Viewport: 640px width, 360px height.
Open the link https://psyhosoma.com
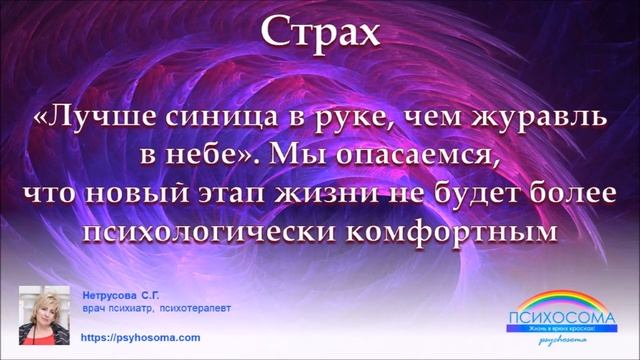point(139,338)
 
